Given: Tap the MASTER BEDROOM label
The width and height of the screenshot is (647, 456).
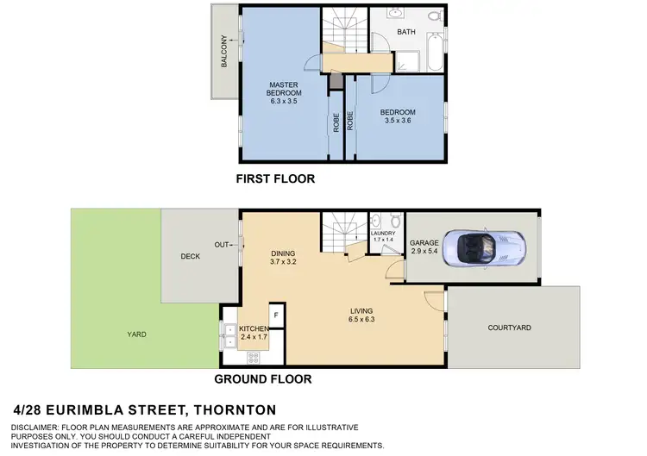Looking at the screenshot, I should pyautogui.click(x=283, y=88).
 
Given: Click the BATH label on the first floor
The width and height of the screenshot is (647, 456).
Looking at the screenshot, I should pyautogui.click(x=406, y=33).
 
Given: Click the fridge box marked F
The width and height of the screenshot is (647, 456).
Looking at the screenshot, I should pyautogui.click(x=276, y=315).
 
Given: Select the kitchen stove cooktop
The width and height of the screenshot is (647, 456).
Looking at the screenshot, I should pyautogui.click(x=229, y=356).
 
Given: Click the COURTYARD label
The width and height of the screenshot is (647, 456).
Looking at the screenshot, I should pyautogui.click(x=509, y=328).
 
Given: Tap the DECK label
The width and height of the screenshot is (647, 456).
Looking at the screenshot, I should pyautogui.click(x=190, y=256).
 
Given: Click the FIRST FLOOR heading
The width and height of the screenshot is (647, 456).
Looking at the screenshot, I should pyautogui.click(x=275, y=179).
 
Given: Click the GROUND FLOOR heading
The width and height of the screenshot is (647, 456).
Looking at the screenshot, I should pyautogui.click(x=262, y=378).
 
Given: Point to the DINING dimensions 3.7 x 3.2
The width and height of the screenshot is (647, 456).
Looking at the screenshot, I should pyautogui.click(x=283, y=261).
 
